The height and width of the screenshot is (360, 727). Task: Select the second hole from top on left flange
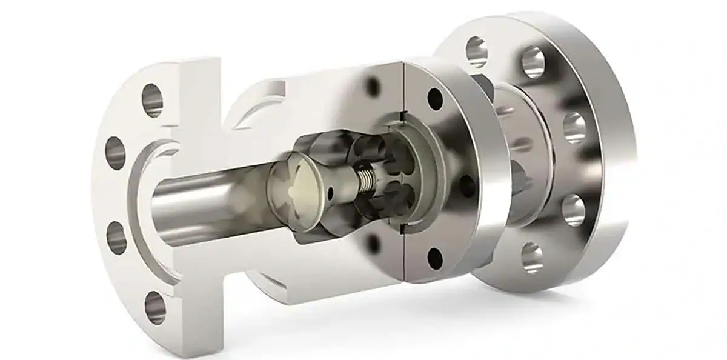click(x=115, y=153)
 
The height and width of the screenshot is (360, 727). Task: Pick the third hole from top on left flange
click(x=117, y=238)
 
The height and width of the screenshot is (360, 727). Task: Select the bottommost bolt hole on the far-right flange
click(x=532, y=257)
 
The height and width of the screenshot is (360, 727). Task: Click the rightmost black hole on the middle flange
click(x=468, y=185)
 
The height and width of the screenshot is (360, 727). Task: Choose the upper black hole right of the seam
click(x=435, y=98)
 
